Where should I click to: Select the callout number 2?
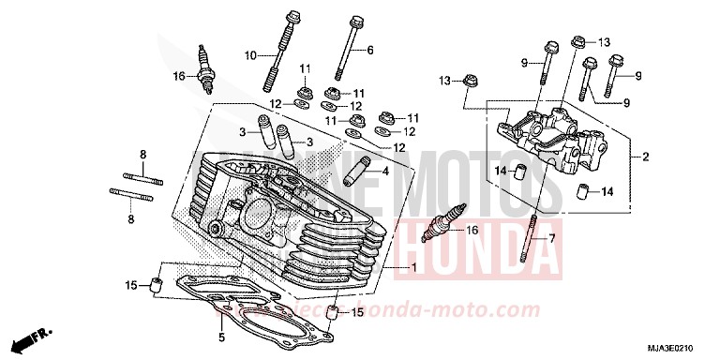coord(644,157)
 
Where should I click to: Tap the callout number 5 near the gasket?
coord(220,337)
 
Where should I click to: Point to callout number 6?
coord(369,50)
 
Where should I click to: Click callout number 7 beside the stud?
coord(552,239)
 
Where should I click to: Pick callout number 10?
coord(250,56)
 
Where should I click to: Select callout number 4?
coord(384,172)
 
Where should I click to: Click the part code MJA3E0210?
coord(675,348)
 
